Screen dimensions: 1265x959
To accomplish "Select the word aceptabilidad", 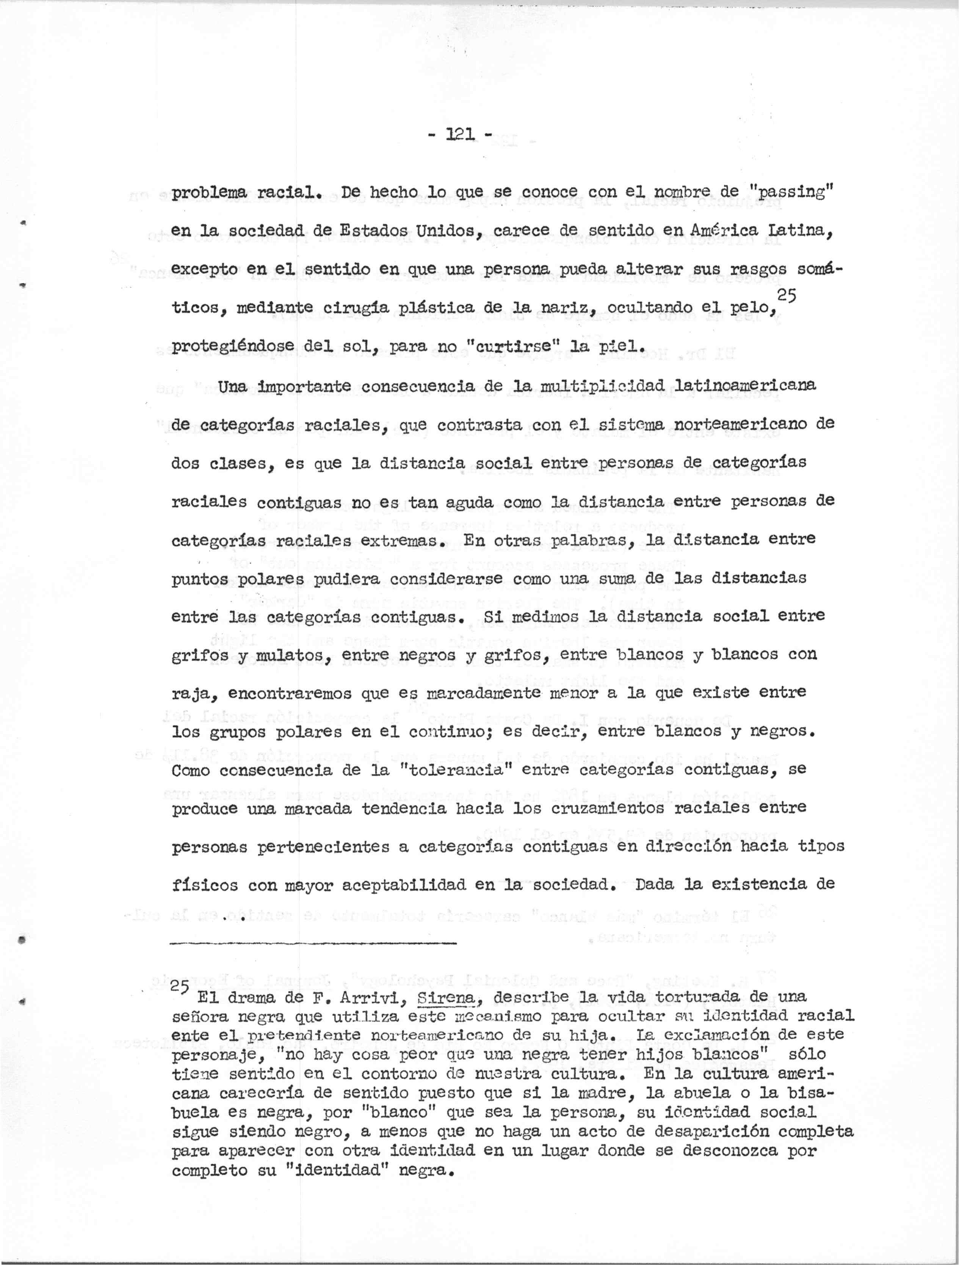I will (408, 885).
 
